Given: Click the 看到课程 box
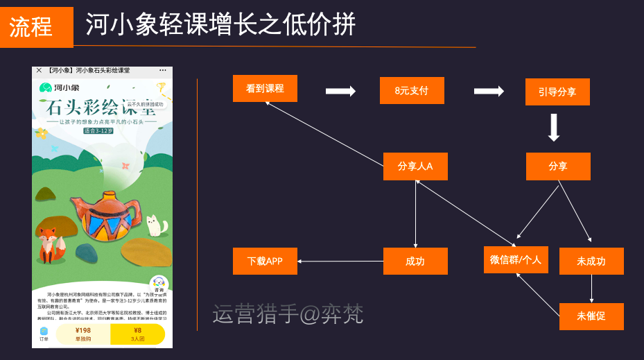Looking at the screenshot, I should [265, 89].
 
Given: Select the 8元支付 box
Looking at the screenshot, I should [411, 91].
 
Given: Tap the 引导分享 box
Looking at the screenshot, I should [557, 92].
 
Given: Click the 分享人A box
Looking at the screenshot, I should [415, 166].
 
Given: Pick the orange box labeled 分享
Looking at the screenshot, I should [557, 166].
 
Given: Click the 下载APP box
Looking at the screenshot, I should [265, 262].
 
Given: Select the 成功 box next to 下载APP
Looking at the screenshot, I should [415, 262].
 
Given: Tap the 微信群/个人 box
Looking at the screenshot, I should [516, 259].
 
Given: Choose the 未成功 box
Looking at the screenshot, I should [591, 262].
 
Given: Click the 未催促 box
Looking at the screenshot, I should [591, 316].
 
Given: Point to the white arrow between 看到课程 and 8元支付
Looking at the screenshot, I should [340, 91].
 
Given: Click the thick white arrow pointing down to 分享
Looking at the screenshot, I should [553, 128].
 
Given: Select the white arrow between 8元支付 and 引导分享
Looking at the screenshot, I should [489, 91].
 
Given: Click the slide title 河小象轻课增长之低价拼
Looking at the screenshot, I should [220, 25].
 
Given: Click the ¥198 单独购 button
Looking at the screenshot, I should [83, 334].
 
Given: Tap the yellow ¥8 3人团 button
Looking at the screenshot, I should [137, 334].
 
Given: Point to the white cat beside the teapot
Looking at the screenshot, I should [157, 226].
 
